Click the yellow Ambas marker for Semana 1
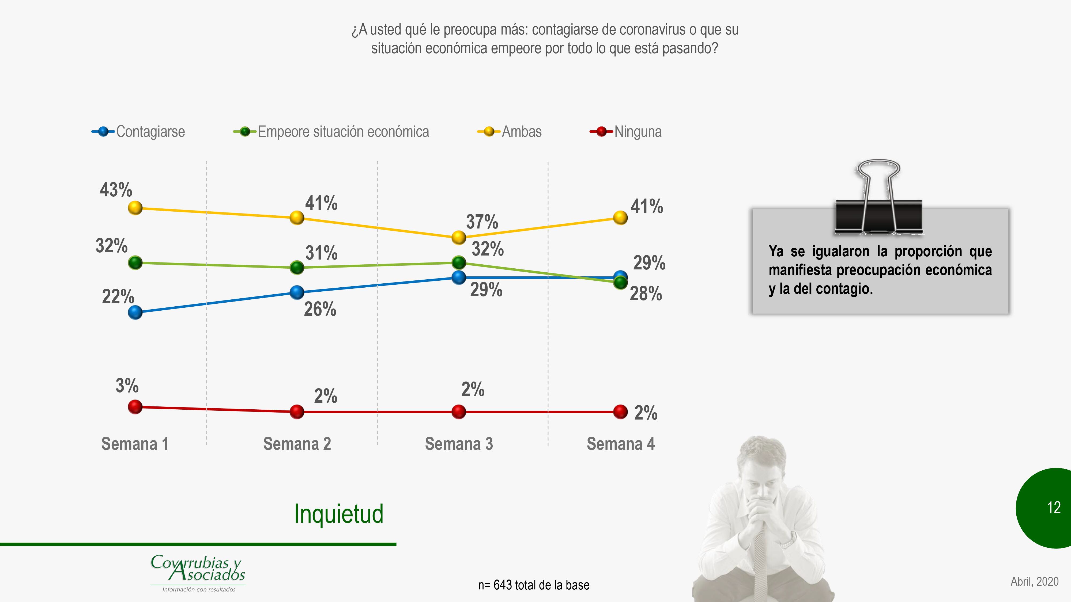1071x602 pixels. [x=135, y=208]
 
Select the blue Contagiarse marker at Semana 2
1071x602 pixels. [x=297, y=292]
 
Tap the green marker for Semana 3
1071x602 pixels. [x=459, y=262]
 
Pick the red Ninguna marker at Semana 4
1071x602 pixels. [x=620, y=412]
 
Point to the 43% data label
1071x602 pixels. [x=116, y=190]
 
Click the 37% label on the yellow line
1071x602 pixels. [x=482, y=222]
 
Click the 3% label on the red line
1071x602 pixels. [x=127, y=386]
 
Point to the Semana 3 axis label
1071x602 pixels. [x=459, y=444]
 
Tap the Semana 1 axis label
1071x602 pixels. [x=135, y=444]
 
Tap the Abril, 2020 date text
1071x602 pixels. [x=1034, y=581]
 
